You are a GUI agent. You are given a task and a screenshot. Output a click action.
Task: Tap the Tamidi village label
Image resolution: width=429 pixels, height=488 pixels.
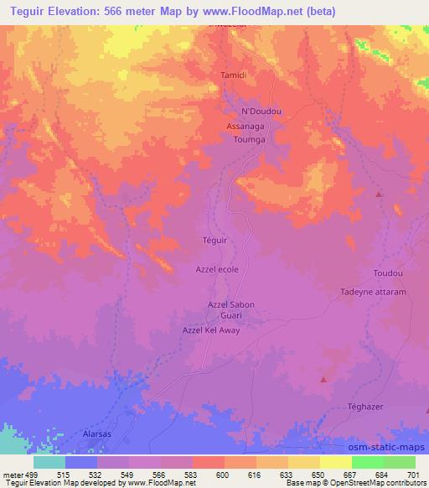232,75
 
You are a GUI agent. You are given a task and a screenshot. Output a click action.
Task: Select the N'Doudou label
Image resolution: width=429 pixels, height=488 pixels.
260,112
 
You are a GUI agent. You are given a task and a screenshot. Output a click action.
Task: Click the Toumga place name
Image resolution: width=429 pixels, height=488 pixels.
249,140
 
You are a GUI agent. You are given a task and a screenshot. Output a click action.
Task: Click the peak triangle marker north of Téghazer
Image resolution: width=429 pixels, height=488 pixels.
323,379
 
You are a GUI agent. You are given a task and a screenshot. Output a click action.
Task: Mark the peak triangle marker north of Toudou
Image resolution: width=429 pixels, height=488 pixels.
379,194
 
